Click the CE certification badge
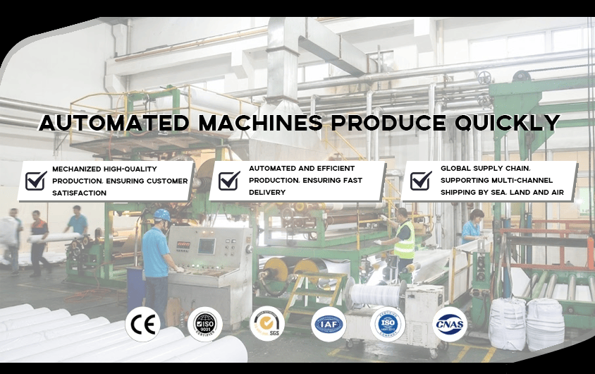(142, 325)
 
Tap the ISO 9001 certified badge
(205, 325)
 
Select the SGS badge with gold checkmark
(267, 325)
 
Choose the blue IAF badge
(329, 325)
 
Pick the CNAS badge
(449, 325)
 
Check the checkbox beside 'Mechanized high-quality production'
(36, 181)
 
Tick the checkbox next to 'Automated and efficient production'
(229, 181)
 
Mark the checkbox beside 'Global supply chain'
(421, 181)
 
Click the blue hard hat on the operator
(162, 215)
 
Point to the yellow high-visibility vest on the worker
(404, 241)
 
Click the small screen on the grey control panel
(206, 246)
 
